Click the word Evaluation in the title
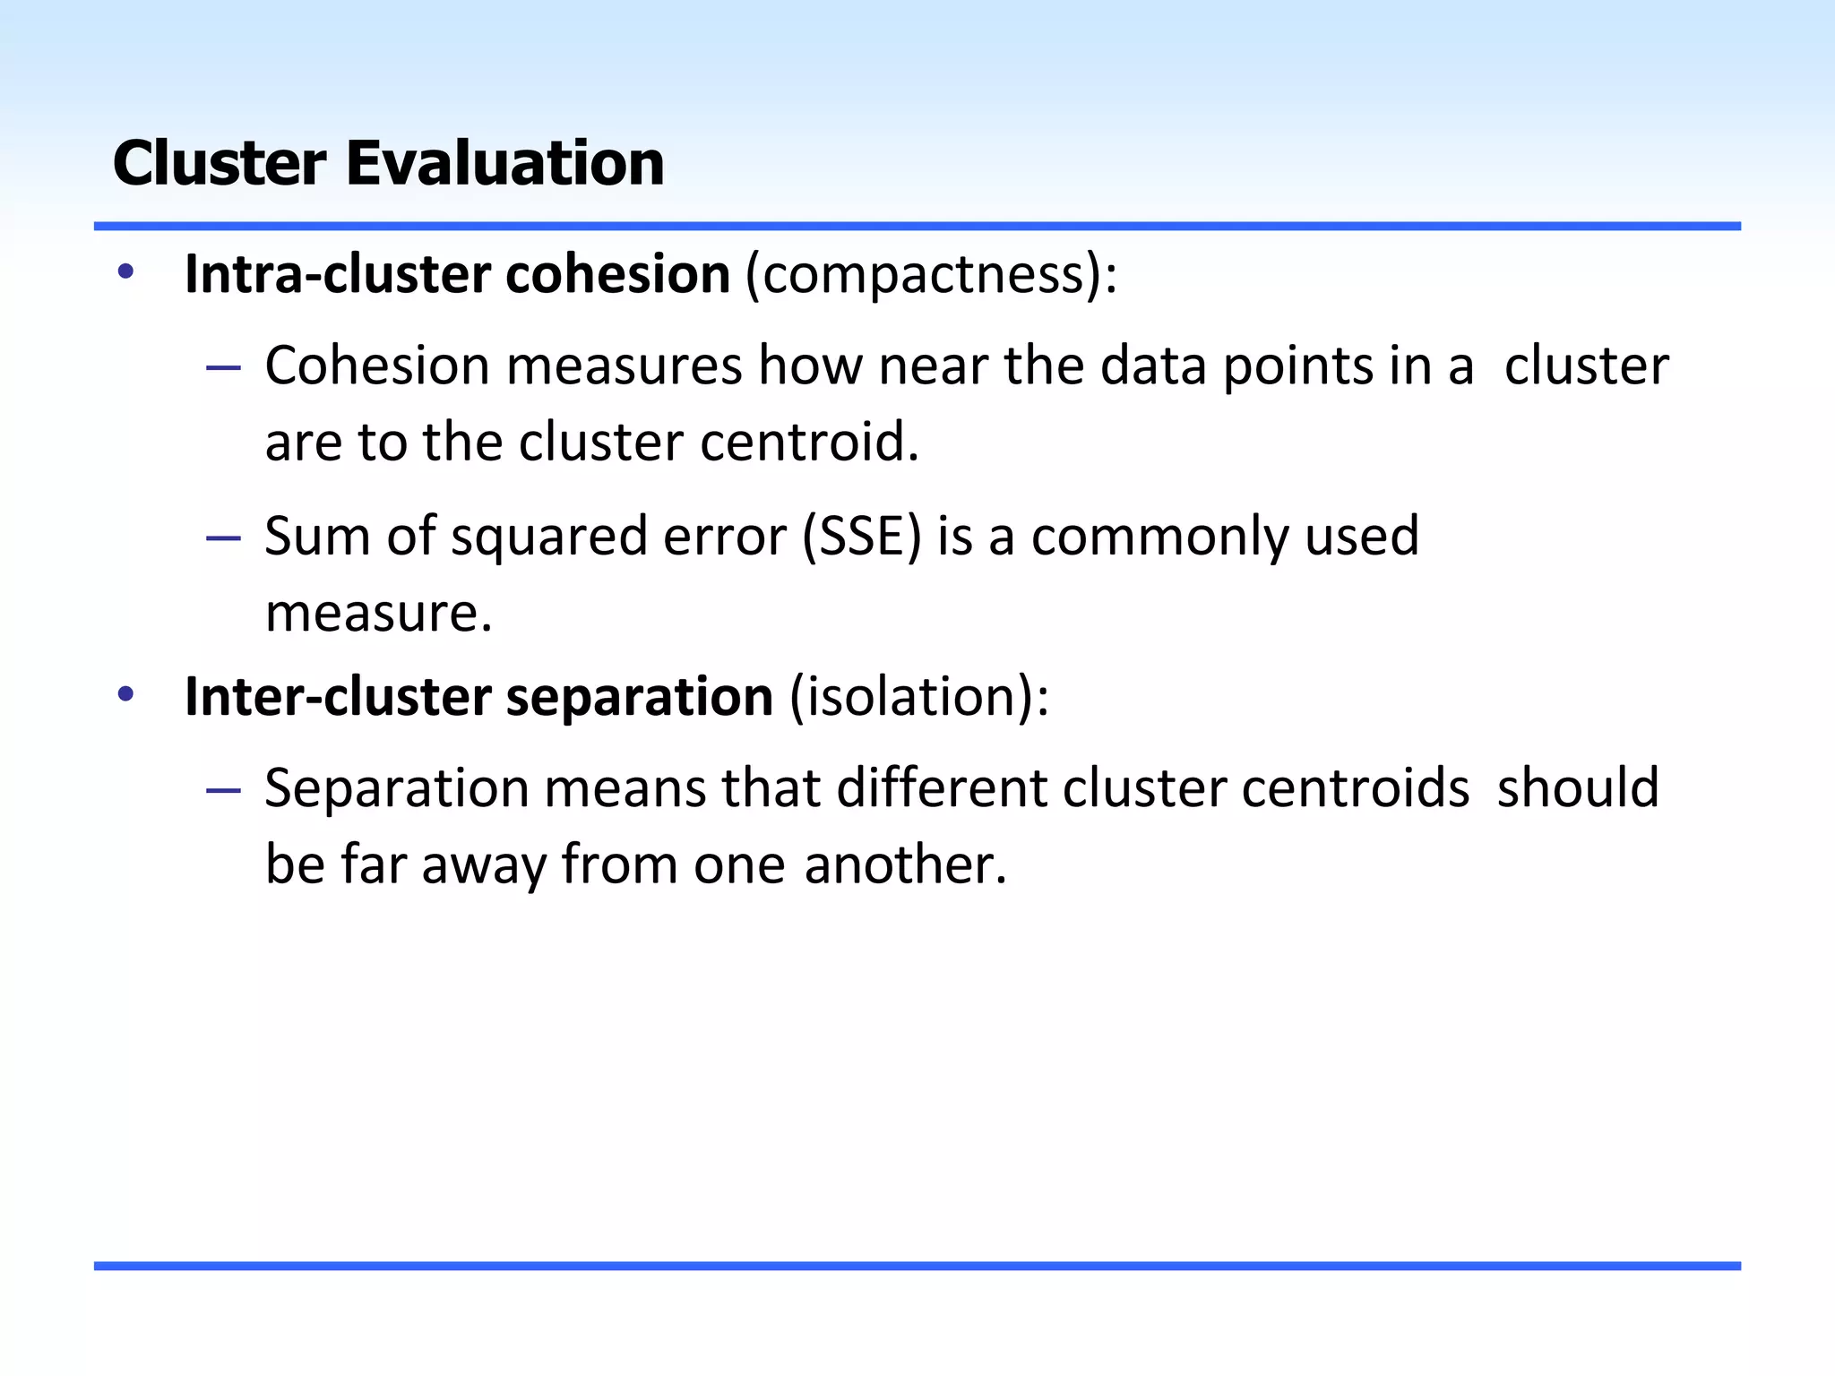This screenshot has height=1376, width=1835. [505, 164]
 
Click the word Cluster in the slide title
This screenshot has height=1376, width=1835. [220, 164]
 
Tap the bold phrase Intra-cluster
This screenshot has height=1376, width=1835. [336, 274]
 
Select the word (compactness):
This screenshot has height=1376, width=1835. [932, 274]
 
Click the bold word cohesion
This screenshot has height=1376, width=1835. [617, 274]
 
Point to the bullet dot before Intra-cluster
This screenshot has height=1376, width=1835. [125, 271]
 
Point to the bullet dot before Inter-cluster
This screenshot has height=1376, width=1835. [125, 693]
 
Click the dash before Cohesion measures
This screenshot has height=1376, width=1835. [223, 368]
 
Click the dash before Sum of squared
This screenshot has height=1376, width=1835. [223, 538]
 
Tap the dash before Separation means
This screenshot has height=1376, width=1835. [223, 790]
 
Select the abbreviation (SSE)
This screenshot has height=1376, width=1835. [861, 537]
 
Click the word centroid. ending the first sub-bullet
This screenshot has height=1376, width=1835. [809, 443]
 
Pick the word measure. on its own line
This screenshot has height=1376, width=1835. [379, 614]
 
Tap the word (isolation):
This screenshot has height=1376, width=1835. [918, 697]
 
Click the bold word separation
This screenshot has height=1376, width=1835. [639, 697]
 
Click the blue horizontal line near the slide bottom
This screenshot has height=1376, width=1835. [917, 1266]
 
